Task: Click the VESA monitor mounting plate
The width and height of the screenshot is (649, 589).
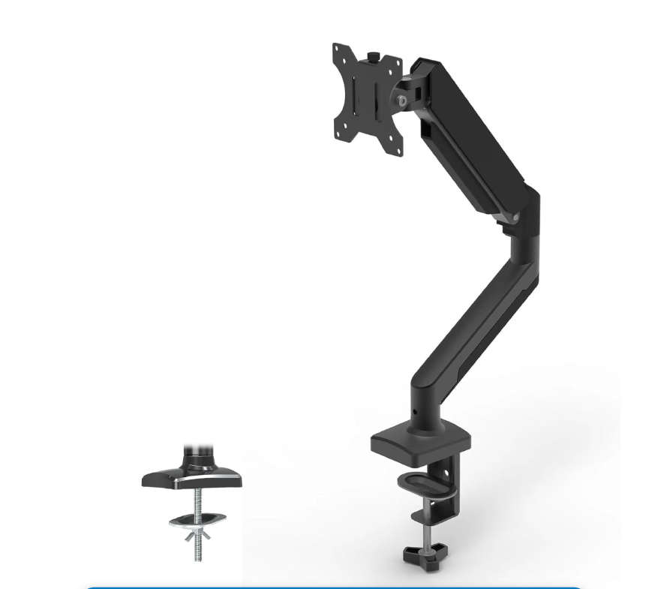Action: [367, 98]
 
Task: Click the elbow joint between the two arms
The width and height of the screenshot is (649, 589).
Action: [525, 218]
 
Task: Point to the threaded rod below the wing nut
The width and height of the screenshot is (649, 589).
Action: [199, 551]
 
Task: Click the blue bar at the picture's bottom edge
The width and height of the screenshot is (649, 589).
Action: [335, 587]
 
